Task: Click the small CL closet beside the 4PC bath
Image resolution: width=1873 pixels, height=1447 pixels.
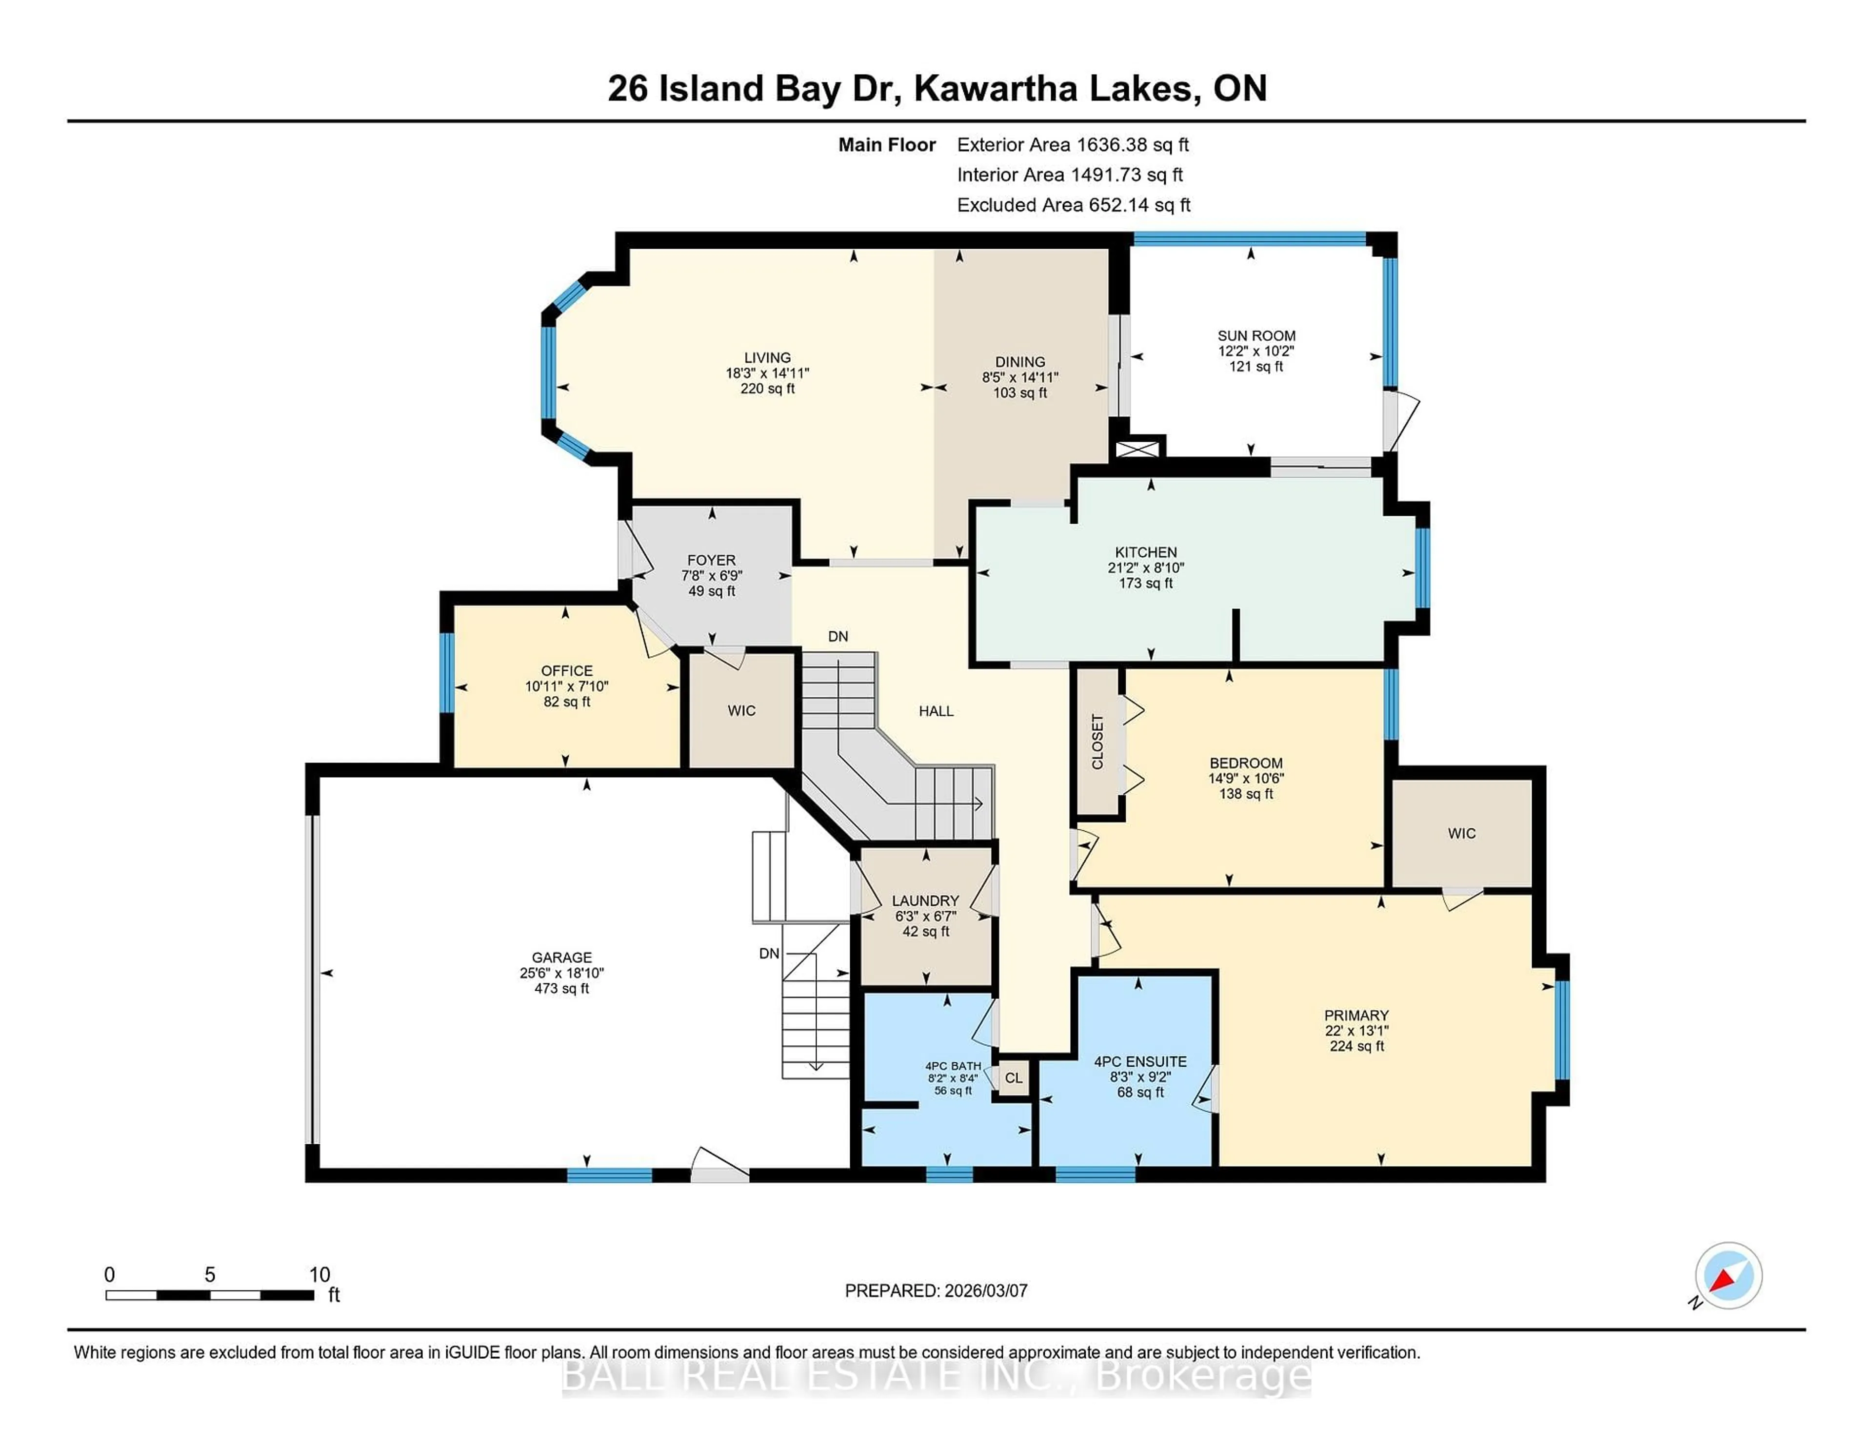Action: pyautogui.click(x=1013, y=1077)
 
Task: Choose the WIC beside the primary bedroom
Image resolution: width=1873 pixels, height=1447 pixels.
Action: pyautogui.click(x=1461, y=833)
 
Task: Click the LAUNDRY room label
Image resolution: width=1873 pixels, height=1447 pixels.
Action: pyautogui.click(x=924, y=900)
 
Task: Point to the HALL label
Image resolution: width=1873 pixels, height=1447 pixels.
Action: pyautogui.click(x=936, y=711)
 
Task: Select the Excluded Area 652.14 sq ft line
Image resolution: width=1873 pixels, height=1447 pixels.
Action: pyautogui.click(x=1073, y=205)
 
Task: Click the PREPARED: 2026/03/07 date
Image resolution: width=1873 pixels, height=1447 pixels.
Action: pyautogui.click(x=936, y=1290)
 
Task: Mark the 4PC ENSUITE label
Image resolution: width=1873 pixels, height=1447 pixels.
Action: pyautogui.click(x=1140, y=1061)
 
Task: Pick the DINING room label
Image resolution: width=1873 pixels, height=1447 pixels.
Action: pyautogui.click(x=1020, y=362)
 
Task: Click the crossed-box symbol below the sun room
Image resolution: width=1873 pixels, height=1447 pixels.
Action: pyautogui.click(x=1137, y=449)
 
